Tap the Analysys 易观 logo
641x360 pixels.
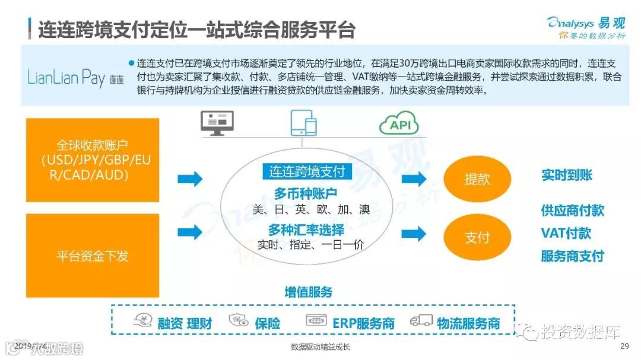(586, 27)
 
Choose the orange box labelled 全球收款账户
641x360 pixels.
(93, 159)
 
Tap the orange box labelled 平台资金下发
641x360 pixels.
(93, 256)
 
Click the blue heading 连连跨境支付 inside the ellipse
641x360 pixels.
(307, 172)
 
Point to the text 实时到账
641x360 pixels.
(566, 175)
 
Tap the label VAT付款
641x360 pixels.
(566, 233)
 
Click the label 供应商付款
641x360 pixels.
(572, 210)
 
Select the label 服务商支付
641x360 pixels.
(572, 256)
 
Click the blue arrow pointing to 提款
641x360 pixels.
(414, 179)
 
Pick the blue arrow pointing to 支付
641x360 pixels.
(414, 234)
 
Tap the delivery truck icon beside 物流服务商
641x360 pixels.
(421, 321)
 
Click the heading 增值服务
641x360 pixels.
(309, 292)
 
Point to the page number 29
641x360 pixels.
(624, 346)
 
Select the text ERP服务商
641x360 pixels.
(363, 323)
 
